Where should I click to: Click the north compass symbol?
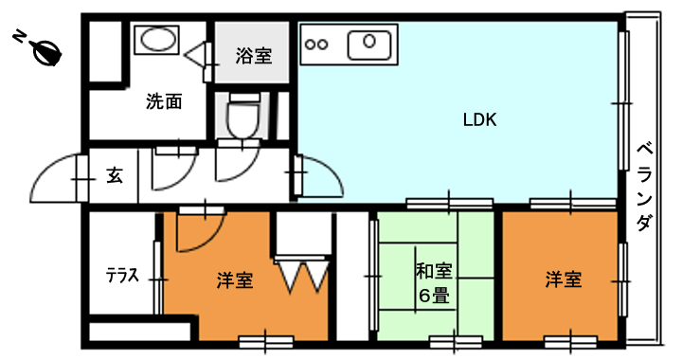tap(47, 52)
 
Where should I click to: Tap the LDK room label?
tap(479, 119)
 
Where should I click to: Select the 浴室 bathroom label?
tap(254, 56)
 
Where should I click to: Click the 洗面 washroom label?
tap(164, 101)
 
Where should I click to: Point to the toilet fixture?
tap(243, 117)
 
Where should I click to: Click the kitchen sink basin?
tap(369, 45)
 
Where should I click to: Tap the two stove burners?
tap(316, 45)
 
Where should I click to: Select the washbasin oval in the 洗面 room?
tap(156, 40)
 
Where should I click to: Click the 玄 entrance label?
tap(115, 175)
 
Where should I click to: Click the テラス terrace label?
tap(122, 276)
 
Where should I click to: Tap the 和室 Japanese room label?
tap(434, 271)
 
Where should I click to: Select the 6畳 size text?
tap(434, 296)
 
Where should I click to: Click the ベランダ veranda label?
tap(645, 188)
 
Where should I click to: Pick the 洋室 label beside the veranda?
tap(564, 279)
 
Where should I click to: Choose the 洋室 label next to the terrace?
tap(235, 280)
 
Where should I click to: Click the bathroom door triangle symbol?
tap(194, 55)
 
